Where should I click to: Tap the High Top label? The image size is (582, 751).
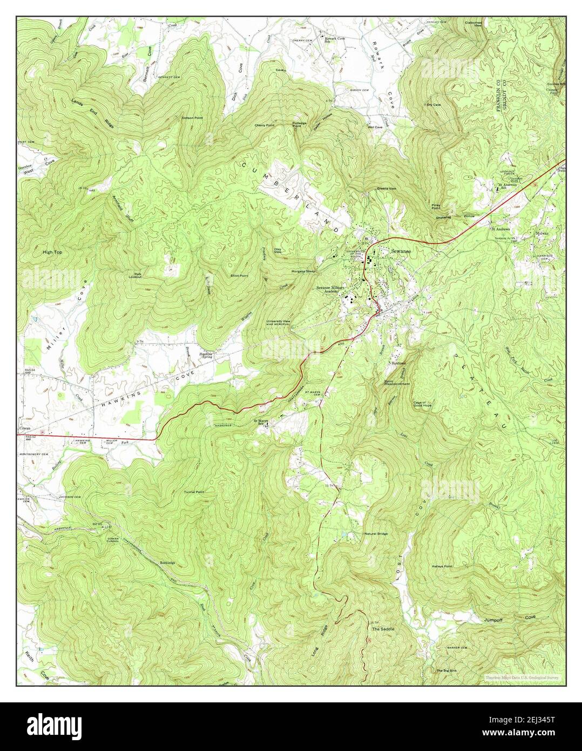point(53,252)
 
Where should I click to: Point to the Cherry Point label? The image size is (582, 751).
point(265,125)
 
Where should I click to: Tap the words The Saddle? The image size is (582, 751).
point(383,629)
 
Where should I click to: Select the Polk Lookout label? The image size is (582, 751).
point(135,276)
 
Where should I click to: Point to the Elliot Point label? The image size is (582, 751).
point(240,276)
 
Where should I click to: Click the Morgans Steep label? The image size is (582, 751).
point(303,271)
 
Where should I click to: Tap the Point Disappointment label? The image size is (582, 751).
point(397,383)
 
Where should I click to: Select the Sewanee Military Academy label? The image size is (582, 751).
point(330,290)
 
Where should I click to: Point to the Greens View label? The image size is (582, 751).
point(387,189)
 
